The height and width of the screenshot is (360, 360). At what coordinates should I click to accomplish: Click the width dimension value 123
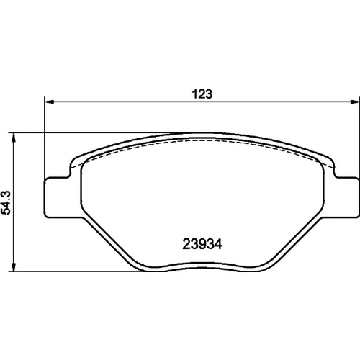[x=202, y=94]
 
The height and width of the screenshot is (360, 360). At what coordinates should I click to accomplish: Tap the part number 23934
[x=202, y=244]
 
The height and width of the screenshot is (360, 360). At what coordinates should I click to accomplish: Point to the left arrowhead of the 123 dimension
[x=49, y=102]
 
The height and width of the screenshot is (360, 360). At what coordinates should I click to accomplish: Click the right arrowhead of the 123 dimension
[x=355, y=102]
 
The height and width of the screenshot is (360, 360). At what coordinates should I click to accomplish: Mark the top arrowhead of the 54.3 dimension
[x=14, y=137]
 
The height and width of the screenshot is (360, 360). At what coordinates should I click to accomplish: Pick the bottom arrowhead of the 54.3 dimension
[x=14, y=267]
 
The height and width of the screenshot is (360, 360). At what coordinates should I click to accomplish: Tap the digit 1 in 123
[x=195, y=94]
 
